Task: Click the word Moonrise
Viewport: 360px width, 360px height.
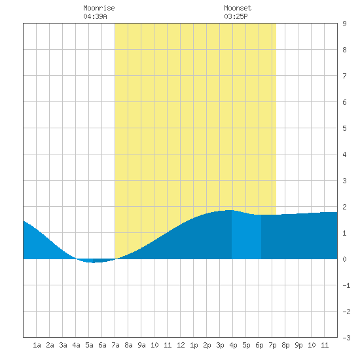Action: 99,8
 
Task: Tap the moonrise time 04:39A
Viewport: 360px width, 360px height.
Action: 95,16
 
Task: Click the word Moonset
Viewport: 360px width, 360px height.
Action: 238,8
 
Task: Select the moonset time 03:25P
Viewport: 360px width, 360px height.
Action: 236,16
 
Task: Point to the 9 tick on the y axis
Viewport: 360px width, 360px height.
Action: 344,24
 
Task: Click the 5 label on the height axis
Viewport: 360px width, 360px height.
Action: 344,128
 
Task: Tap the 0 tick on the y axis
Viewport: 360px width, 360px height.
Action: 344,259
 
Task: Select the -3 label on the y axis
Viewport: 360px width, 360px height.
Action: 346,338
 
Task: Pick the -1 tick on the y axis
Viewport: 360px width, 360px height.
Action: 346,285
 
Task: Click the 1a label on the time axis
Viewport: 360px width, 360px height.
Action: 37,345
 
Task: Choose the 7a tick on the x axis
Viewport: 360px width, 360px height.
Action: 115,345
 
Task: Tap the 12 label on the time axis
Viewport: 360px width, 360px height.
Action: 181,345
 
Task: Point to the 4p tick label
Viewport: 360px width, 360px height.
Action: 233,345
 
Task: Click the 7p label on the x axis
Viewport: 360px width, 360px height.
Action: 272,345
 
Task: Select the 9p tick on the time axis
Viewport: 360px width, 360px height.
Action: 298,345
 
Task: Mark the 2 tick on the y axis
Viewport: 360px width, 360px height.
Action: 344,207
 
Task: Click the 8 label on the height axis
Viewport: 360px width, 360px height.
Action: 344,50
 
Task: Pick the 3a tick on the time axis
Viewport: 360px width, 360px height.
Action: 63,345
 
